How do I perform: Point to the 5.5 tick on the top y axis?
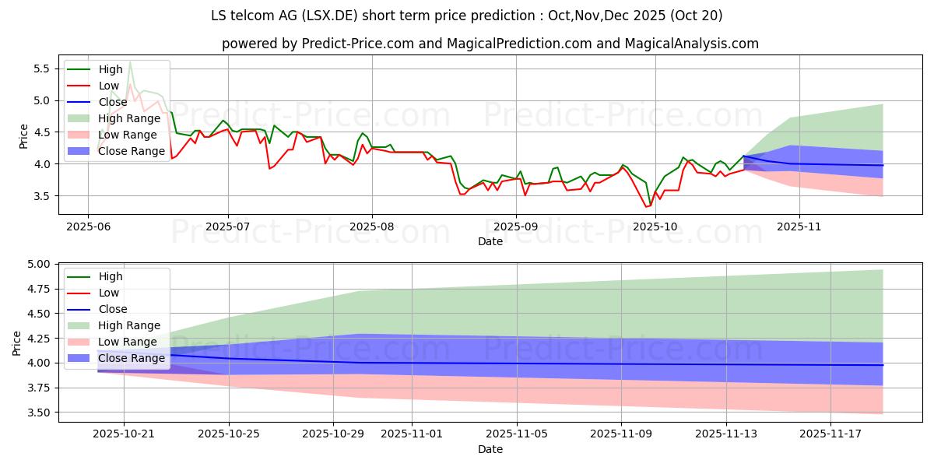click(x=40, y=68)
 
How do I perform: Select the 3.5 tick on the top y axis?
click(x=40, y=196)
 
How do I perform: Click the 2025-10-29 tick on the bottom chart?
click(x=333, y=434)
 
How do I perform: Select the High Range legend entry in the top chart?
click(x=121, y=118)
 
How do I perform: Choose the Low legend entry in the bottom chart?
click(x=110, y=293)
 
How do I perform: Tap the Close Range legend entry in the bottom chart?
click(x=132, y=358)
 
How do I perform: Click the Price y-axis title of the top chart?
click(x=24, y=135)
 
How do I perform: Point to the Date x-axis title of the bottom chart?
click(x=490, y=449)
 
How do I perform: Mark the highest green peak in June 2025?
click(x=130, y=61)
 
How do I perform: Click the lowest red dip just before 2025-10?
click(x=646, y=206)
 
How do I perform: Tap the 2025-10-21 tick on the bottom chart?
click(x=125, y=434)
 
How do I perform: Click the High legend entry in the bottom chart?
click(x=111, y=276)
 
